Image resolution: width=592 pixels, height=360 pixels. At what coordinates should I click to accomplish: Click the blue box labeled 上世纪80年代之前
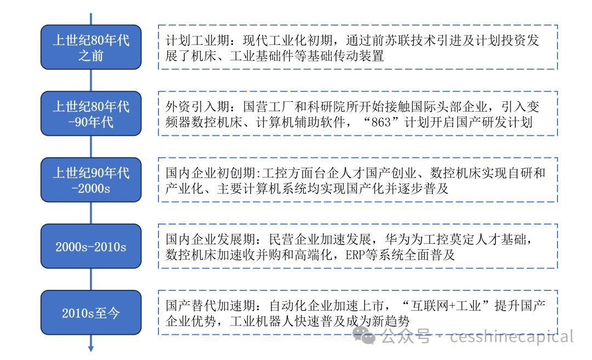point(91,47)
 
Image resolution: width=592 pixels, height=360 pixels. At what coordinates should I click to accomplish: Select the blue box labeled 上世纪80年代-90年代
point(91,113)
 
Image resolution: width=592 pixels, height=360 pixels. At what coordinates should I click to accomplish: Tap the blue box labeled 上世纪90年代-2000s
point(91,180)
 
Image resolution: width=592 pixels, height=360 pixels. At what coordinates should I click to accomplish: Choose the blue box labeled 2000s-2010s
point(91,247)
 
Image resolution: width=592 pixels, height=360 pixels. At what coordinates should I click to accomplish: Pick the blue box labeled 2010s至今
point(91,312)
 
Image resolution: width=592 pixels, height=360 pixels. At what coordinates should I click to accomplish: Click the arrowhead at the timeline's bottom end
point(91,349)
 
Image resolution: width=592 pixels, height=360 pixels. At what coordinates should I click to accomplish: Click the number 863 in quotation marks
point(381,122)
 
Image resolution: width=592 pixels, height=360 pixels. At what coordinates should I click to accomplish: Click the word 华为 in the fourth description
point(397,239)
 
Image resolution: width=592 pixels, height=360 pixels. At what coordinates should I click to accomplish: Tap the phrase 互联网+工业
point(446,306)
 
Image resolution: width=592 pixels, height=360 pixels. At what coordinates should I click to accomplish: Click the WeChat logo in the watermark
point(363,335)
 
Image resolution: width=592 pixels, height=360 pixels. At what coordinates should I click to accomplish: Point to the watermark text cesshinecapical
point(511,336)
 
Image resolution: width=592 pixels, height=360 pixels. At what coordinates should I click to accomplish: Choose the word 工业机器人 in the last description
point(262,322)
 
